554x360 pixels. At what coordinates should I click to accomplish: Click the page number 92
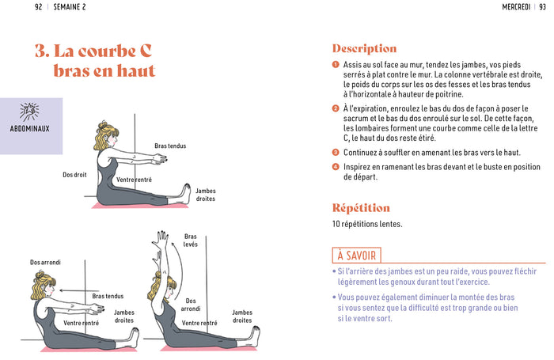point(39,7)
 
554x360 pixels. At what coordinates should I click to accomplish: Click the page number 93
point(540,7)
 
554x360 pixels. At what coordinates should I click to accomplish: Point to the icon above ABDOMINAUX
point(31,110)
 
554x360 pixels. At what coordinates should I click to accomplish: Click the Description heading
point(364,49)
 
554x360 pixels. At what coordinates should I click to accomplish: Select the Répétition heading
point(361,208)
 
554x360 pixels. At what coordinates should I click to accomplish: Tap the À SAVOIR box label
point(356,255)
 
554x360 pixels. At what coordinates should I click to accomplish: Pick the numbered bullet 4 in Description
point(336,167)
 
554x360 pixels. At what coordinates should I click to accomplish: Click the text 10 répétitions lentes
point(368,224)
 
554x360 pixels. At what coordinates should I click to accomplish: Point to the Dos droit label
point(74,175)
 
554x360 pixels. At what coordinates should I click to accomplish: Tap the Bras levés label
point(191,241)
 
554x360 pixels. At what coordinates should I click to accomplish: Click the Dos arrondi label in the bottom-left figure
point(45,262)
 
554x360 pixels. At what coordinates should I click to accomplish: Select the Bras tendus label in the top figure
point(171,146)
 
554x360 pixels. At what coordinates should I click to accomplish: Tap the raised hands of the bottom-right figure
point(162,237)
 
